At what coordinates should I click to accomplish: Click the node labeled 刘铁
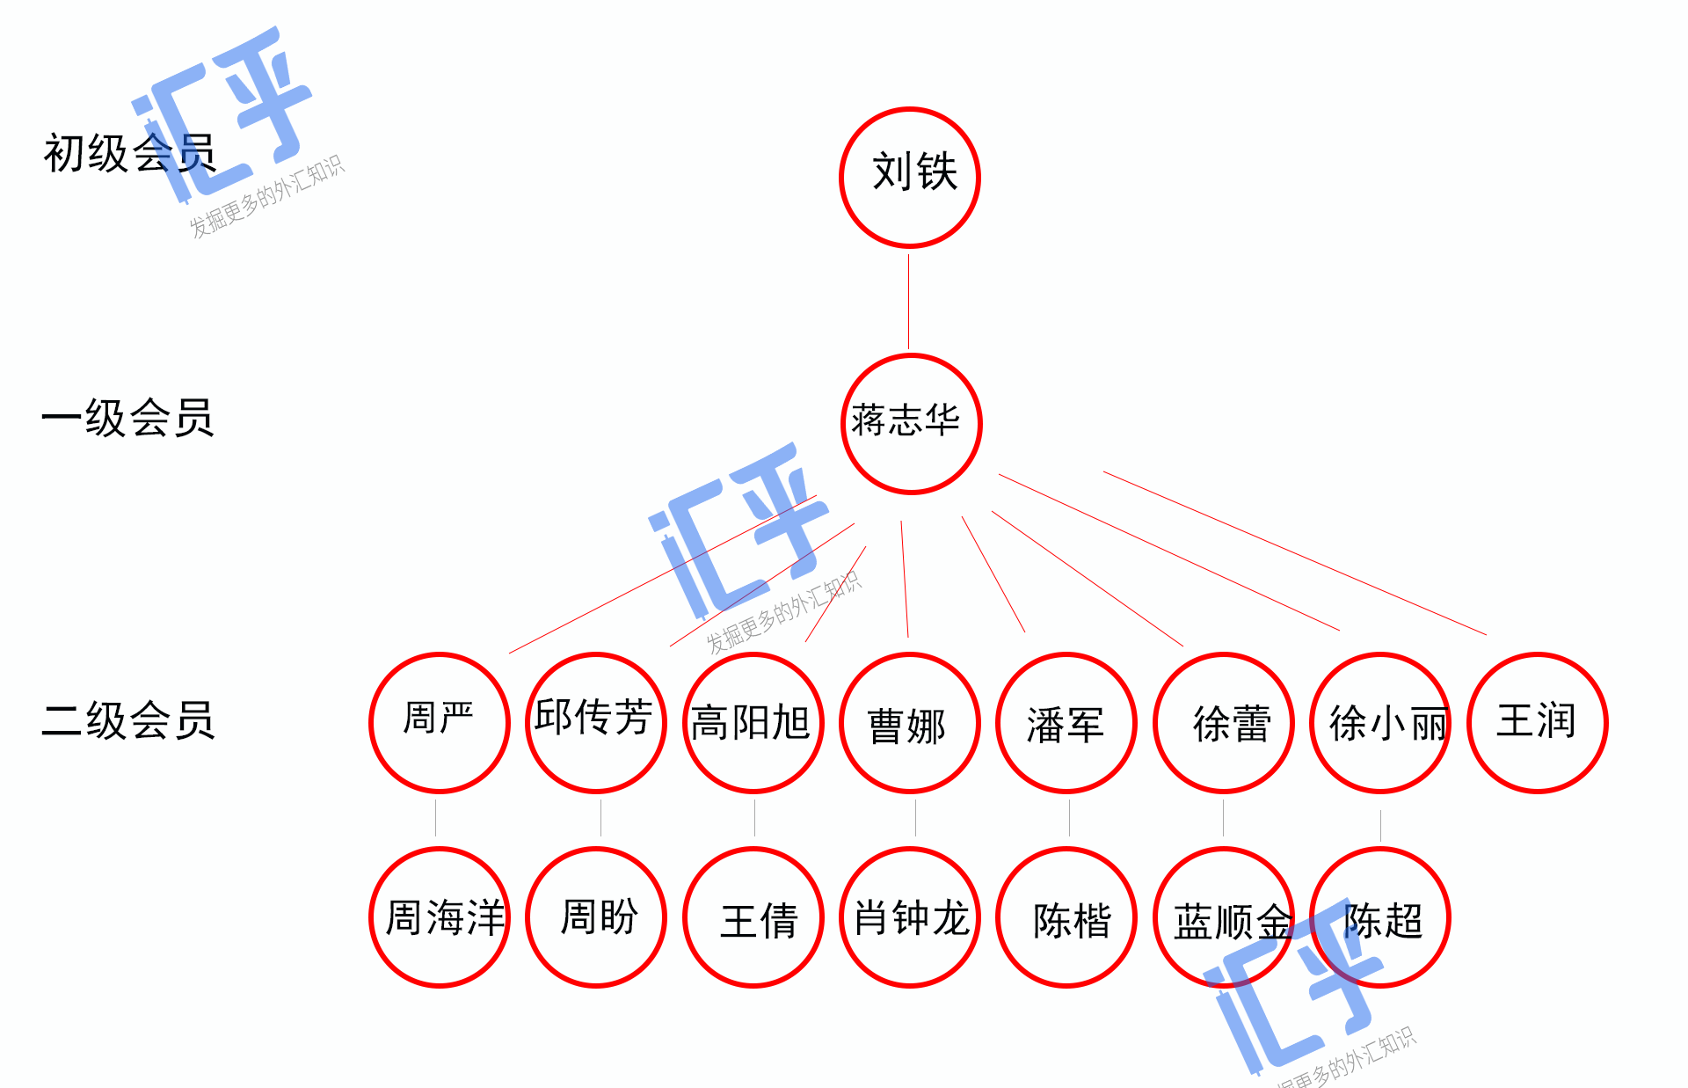coord(910,177)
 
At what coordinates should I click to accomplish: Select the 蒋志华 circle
coord(911,423)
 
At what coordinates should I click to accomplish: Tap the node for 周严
coord(440,722)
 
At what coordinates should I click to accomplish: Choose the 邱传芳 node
coord(596,722)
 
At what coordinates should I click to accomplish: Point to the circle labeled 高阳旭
coord(753,722)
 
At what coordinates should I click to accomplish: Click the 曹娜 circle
coord(910,722)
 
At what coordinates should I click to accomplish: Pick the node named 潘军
coord(1066,722)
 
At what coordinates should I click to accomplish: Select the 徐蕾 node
coord(1224,722)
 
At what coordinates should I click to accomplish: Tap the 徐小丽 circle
coord(1380,722)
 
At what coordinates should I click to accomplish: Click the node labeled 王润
coord(1538,722)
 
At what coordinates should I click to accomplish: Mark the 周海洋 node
coord(440,916)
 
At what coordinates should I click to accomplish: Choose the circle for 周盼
coord(596,916)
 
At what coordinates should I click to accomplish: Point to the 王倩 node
coord(753,916)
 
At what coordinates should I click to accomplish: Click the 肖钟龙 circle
coord(910,916)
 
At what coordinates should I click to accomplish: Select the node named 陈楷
coord(1066,916)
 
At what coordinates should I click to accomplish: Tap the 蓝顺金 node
coord(1224,916)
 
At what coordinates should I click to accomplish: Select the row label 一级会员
coord(128,418)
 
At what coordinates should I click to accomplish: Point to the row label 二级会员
coord(128,720)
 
